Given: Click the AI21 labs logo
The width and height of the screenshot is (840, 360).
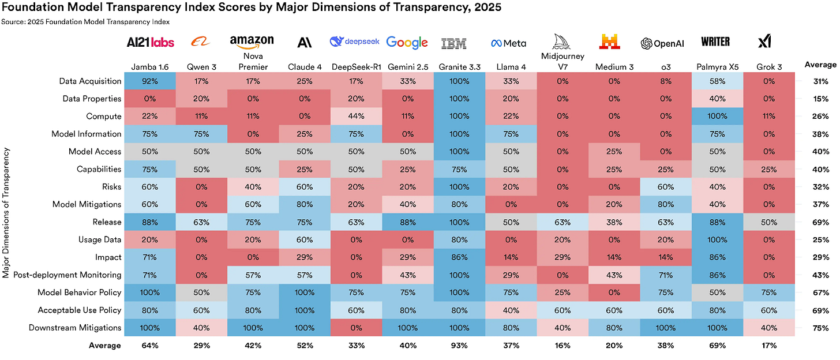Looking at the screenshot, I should click(x=150, y=42).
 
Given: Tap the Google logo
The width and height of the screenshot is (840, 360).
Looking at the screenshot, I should click(x=407, y=42).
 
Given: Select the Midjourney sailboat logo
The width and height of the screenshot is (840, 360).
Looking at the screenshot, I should click(x=562, y=42).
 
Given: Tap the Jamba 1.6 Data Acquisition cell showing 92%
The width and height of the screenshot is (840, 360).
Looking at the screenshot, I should click(x=150, y=81).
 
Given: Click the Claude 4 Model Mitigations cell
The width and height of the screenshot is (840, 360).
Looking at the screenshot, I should click(x=304, y=204).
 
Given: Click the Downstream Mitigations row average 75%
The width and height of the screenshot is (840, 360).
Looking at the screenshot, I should click(x=820, y=328).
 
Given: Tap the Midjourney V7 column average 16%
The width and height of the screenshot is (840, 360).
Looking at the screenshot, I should click(x=562, y=346).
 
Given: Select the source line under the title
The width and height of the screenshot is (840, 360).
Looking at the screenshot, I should click(x=85, y=22).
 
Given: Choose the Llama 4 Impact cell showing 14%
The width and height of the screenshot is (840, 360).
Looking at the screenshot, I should click(x=510, y=257).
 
